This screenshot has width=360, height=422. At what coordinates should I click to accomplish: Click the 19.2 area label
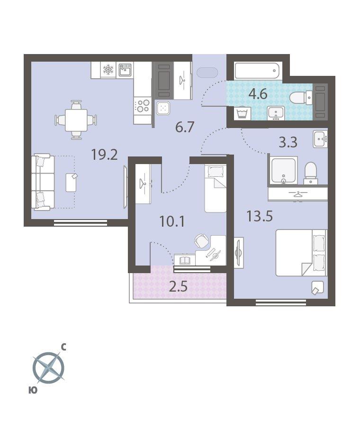[105, 155]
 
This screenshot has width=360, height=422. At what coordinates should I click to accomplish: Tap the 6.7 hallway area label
[185, 127]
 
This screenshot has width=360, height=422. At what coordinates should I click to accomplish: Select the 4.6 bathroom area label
[258, 94]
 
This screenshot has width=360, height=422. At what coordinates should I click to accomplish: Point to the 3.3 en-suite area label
[288, 142]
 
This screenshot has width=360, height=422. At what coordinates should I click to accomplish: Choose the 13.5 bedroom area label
[260, 216]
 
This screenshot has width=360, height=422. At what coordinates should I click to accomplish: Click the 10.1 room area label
[172, 221]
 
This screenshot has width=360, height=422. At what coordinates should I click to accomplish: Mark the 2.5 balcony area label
[178, 287]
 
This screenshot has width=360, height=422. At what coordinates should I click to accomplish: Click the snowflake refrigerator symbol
[108, 70]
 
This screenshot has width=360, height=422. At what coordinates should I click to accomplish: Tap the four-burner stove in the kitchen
[143, 105]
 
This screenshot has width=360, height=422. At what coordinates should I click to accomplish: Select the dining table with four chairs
[76, 120]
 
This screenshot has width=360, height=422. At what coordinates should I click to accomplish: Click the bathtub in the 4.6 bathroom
[258, 71]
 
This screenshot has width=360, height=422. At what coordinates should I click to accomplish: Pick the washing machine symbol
[243, 113]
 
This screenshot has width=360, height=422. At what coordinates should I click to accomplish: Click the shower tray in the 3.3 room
[283, 170]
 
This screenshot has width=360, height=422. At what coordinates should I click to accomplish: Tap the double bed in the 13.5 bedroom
[301, 253]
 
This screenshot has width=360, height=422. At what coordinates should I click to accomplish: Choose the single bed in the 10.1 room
[216, 188]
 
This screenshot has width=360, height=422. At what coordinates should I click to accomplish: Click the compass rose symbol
[49, 367]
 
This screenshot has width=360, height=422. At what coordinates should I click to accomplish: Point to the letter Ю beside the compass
[33, 390]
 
